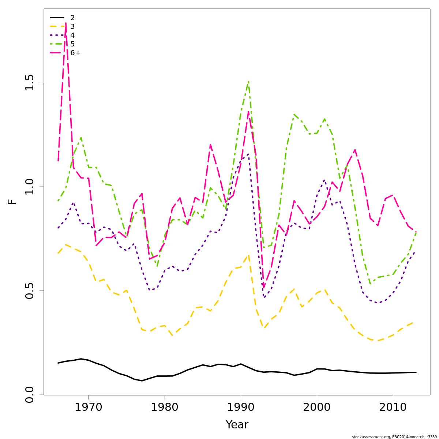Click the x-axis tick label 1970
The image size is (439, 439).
click(89, 407)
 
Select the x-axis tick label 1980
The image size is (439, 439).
click(165, 407)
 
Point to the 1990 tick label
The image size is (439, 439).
click(241, 407)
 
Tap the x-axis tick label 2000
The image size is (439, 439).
click(317, 407)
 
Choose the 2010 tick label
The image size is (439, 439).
click(393, 407)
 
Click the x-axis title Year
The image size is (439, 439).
click(237, 425)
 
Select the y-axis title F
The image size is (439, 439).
click(12, 202)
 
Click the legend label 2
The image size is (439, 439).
click(72, 18)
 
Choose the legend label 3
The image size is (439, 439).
click(72, 27)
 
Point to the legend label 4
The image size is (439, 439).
click(72, 35)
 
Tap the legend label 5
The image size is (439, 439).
click(72, 44)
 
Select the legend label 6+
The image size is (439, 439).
click(75, 53)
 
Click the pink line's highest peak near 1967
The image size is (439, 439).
click(66, 23)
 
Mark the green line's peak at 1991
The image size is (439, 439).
click(248, 82)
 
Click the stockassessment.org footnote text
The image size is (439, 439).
click(394, 437)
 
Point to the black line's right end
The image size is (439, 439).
click(416, 372)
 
